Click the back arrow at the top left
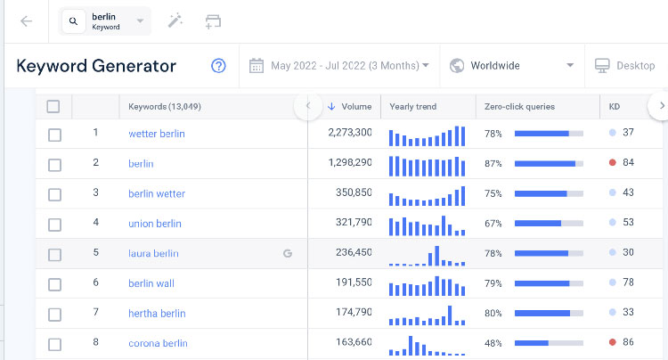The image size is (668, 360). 27,21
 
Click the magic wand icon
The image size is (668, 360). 175,20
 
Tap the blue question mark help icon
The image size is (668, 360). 218,66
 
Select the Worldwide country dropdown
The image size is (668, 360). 512,66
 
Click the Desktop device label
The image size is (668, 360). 636,66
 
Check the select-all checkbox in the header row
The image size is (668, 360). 53,107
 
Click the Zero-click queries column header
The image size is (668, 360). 519,107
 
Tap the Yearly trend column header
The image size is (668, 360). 412,107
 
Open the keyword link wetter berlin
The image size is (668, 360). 157,134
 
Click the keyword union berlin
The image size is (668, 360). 155,224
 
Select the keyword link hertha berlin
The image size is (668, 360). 157,314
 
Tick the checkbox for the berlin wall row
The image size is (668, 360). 54,284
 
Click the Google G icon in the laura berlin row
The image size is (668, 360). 288,253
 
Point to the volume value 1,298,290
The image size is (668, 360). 350,162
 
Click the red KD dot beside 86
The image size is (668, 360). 613,342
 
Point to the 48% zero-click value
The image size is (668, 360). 493,343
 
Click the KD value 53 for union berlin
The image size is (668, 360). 628,223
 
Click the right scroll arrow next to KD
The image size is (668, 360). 661,106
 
